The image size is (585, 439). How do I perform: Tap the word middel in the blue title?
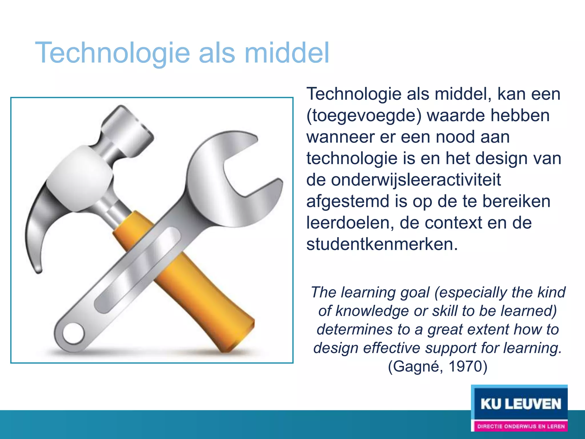pos(287,53)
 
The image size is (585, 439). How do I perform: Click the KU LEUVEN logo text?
pos(521,404)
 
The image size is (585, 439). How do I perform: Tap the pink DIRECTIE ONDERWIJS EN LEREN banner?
pos(521,426)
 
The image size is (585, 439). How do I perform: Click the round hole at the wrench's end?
pos(73,334)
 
